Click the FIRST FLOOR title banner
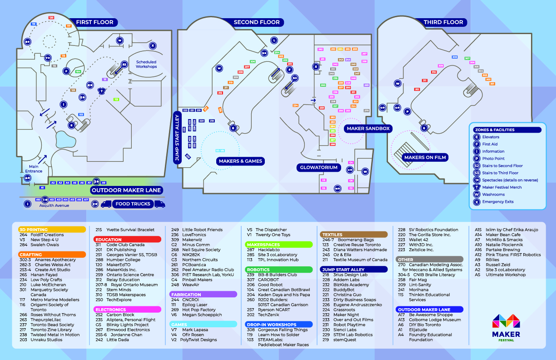[94, 22]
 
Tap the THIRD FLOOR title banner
[443, 22]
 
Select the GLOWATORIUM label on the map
[318, 168]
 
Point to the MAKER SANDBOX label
[368, 129]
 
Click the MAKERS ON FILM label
[425, 157]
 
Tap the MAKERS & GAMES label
[240, 161]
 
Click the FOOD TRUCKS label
[133, 204]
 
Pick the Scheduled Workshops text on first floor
[146, 64]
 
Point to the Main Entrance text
[34, 169]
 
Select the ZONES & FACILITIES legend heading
[494, 130]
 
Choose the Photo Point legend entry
[493, 159]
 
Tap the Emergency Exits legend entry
[497, 202]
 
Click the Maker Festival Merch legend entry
[502, 187]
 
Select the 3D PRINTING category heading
[33, 230]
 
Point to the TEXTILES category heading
[332, 235]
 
